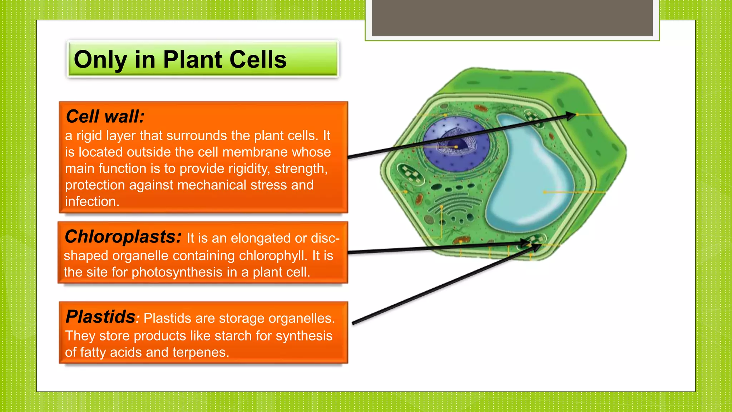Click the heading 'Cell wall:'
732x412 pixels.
pyautogui.click(x=105, y=117)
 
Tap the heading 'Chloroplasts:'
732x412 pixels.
pyautogui.click(x=123, y=237)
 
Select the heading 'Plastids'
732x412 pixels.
pyautogui.click(x=100, y=317)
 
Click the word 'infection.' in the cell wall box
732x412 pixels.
pyautogui.click(x=92, y=201)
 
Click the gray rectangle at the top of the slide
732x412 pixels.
pyautogui.click(x=512, y=18)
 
